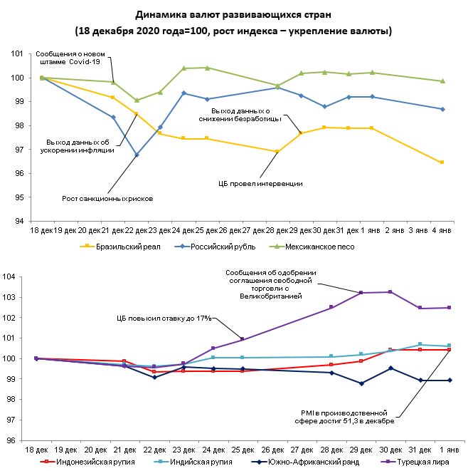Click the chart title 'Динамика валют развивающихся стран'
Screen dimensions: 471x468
pos(233,14)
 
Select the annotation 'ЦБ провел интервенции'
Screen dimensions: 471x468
pos(260,183)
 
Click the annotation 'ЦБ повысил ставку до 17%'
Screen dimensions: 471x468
pos(164,317)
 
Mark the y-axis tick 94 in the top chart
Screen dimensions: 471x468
pos(21,221)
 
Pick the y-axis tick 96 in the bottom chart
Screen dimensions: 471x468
pos(18,440)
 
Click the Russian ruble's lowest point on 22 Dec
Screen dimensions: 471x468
pos(137,155)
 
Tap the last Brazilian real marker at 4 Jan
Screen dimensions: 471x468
pos(442,162)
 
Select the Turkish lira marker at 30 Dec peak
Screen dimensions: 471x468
pos(389,292)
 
